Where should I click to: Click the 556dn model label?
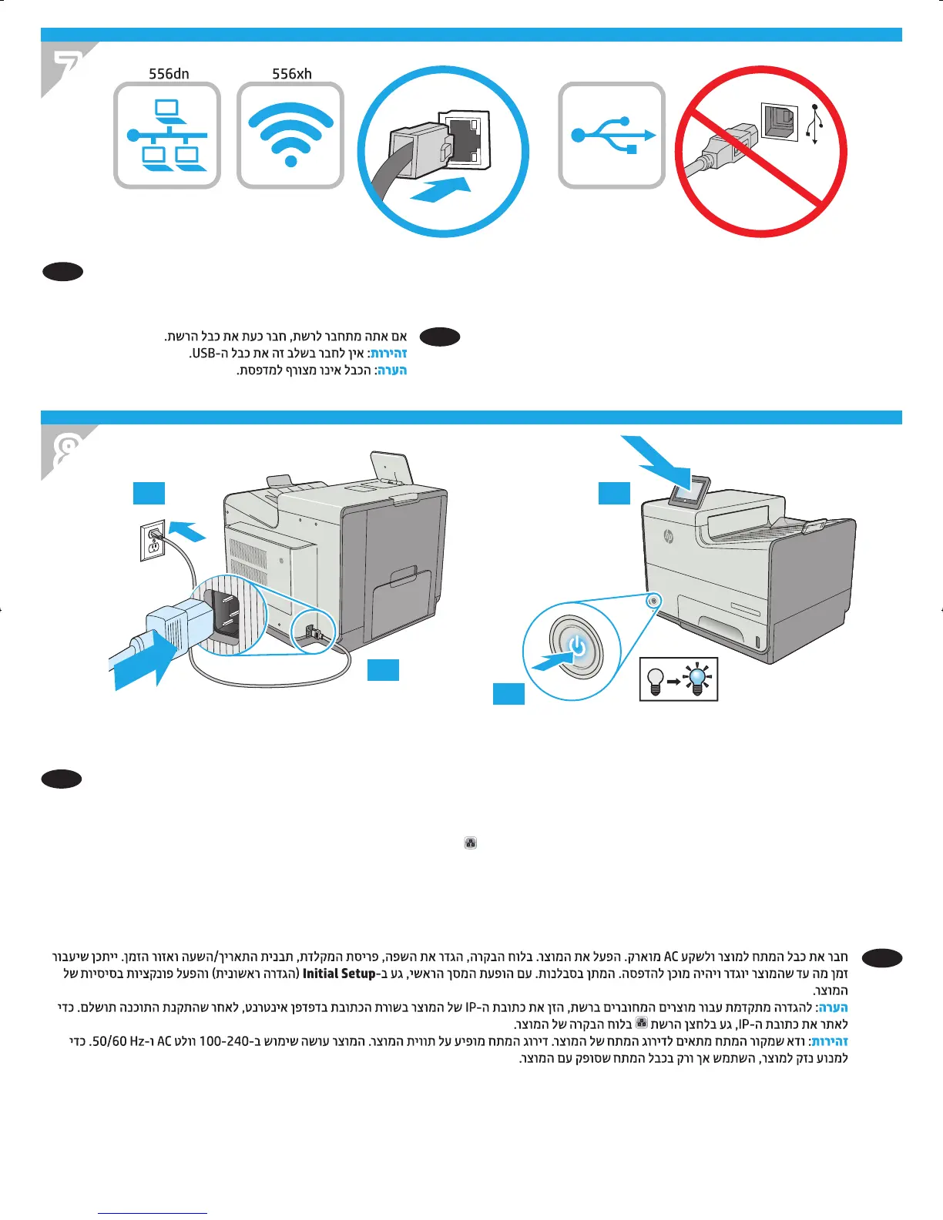click(x=169, y=74)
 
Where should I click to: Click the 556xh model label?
click(x=292, y=74)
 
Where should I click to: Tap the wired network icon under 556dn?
click(x=167, y=136)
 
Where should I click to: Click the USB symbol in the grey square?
click(x=612, y=136)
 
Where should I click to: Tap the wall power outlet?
click(x=153, y=541)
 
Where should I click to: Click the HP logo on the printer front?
click(x=668, y=537)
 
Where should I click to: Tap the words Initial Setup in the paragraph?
click(x=339, y=974)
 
